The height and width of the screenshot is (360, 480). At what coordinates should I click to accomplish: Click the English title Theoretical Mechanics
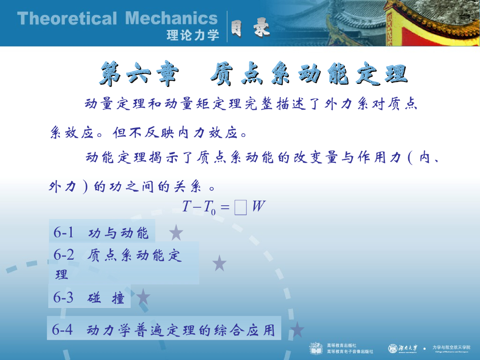coord(117,19)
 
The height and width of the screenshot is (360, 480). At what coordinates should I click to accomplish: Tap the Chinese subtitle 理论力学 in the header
coord(193,36)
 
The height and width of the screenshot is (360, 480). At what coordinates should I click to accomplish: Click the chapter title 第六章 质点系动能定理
coord(253,75)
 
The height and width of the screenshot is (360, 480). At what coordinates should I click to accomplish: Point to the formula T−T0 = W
coord(224,206)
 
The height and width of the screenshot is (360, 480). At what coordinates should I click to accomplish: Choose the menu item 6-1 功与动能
coord(101,232)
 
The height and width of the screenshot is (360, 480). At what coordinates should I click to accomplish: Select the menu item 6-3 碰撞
coord(89,298)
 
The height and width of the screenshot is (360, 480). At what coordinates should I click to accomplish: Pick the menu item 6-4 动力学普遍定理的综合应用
coord(164,330)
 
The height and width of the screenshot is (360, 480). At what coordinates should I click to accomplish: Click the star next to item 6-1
coord(176,232)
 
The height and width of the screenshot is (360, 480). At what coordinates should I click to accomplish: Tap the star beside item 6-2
coord(219,263)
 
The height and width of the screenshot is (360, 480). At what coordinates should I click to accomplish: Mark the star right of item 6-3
coord(142,297)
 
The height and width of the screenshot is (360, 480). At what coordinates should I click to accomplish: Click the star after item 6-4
coord(297,330)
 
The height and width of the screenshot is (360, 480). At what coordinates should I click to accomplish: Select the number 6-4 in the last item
coord(62,330)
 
